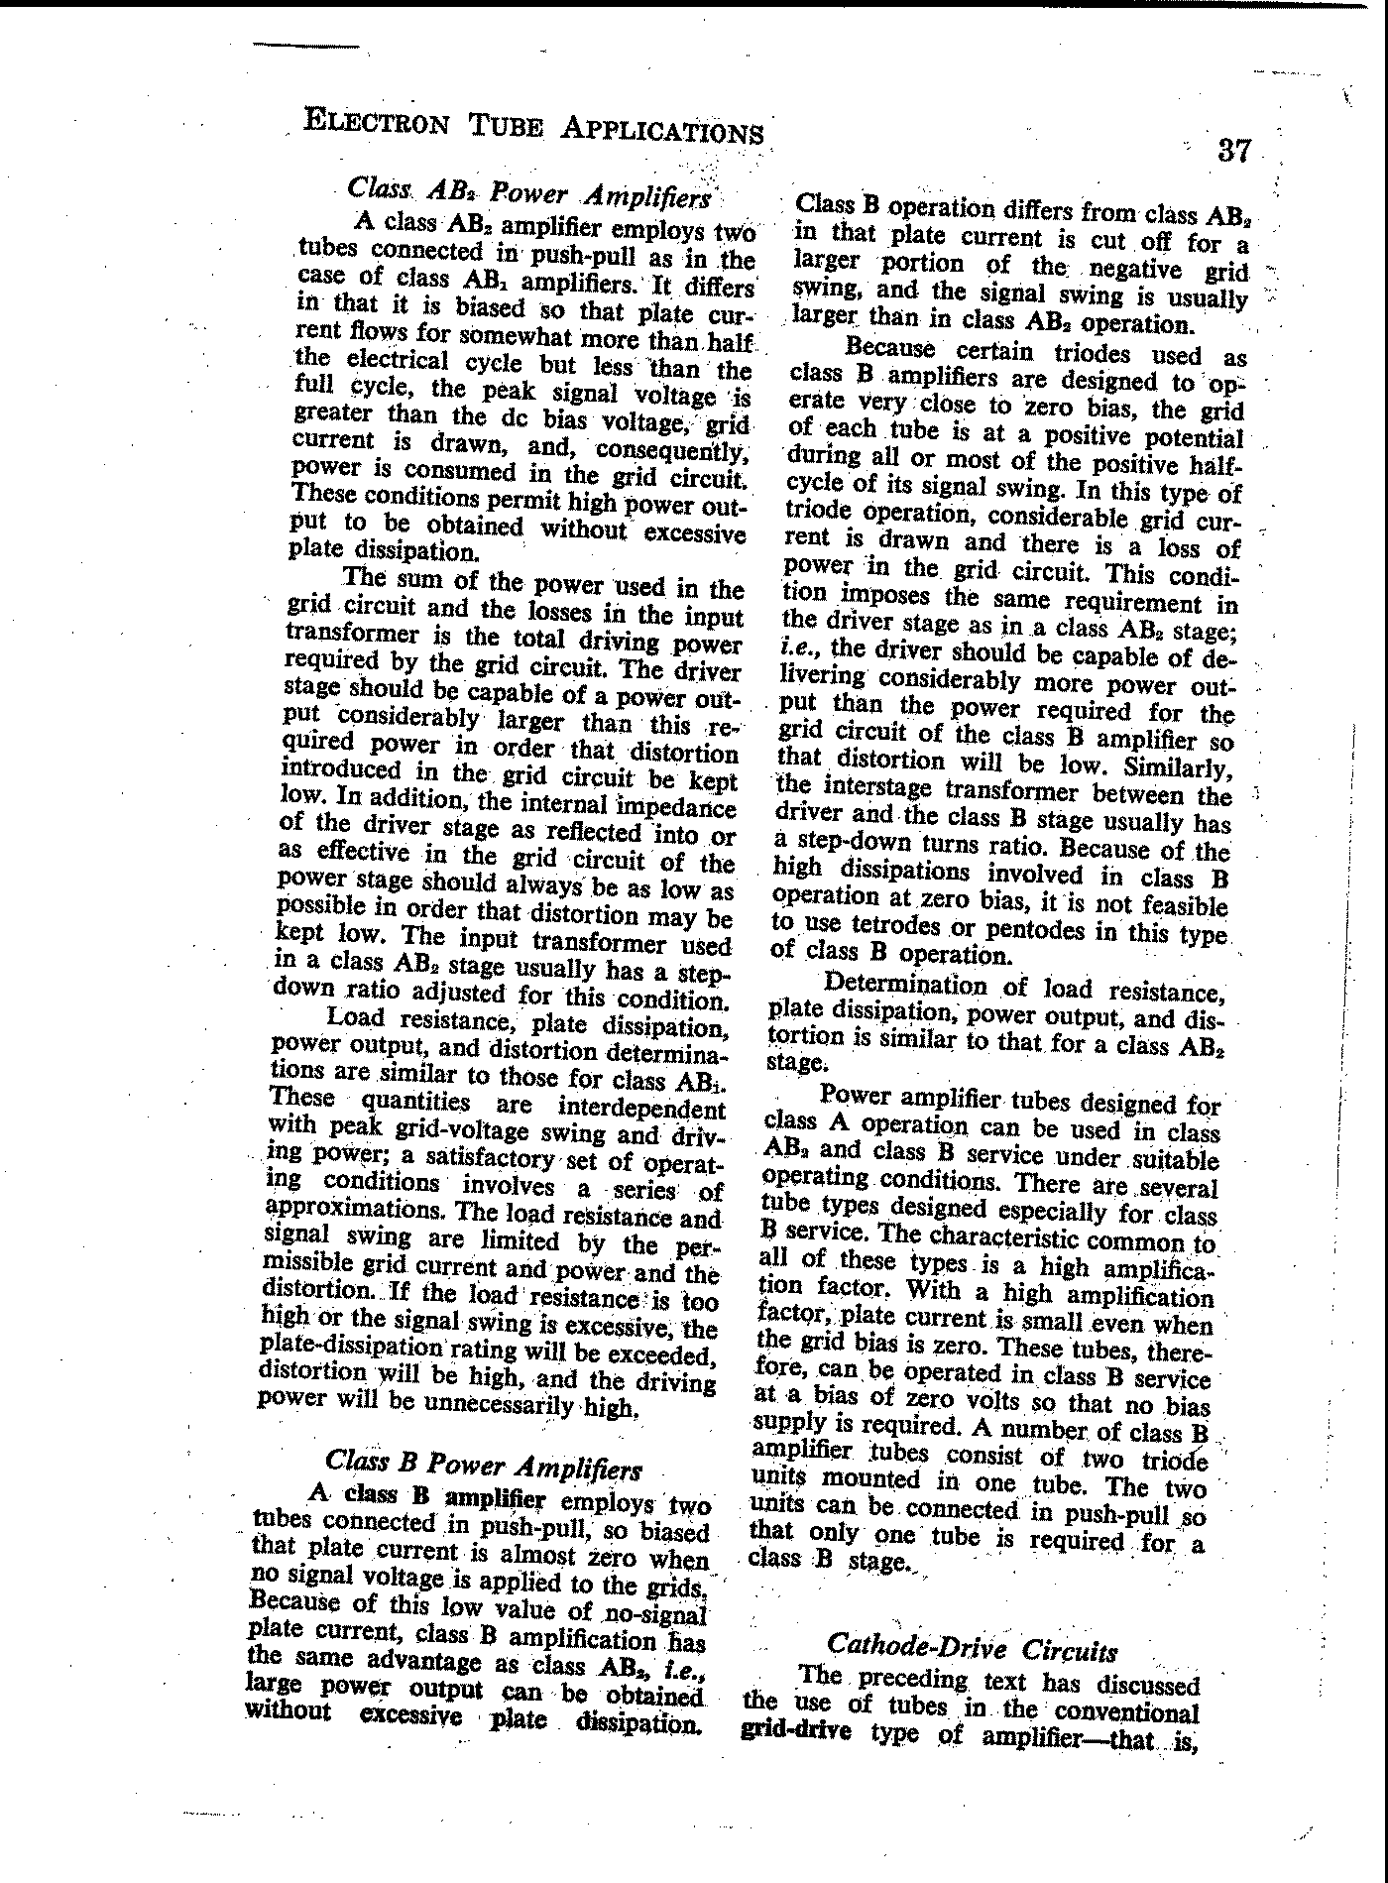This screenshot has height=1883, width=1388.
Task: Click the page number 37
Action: click(1233, 151)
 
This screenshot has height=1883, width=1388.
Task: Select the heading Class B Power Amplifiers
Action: click(483, 1465)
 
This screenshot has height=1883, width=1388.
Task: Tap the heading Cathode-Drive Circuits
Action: click(972, 1648)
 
